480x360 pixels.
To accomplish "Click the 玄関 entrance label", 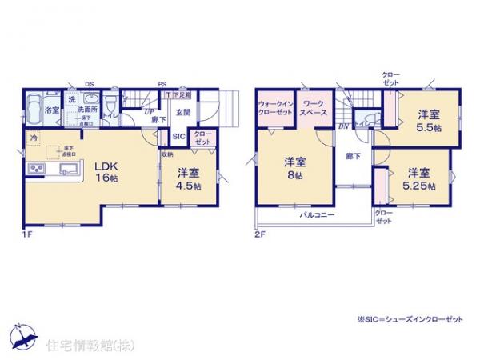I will point(183,112).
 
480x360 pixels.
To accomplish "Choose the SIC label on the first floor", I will point(178,136).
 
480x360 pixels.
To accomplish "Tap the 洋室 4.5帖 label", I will point(189,178).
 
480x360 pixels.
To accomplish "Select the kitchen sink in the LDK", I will point(66,168).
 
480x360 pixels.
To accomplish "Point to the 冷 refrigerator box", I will point(34,138).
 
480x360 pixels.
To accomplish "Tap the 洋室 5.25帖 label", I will point(419,178).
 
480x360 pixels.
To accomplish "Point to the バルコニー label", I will point(317,215).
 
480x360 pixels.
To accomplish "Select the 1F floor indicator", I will point(27,234).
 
